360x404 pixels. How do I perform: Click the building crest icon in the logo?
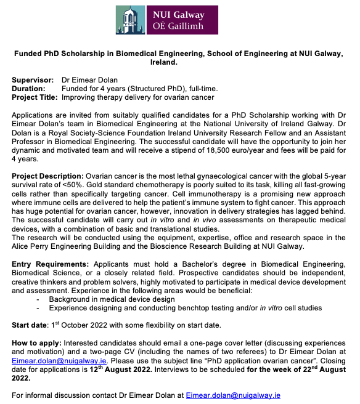tap(130, 20)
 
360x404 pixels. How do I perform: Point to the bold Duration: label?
tap(30, 89)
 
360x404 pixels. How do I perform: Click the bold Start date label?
tap(30, 325)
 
